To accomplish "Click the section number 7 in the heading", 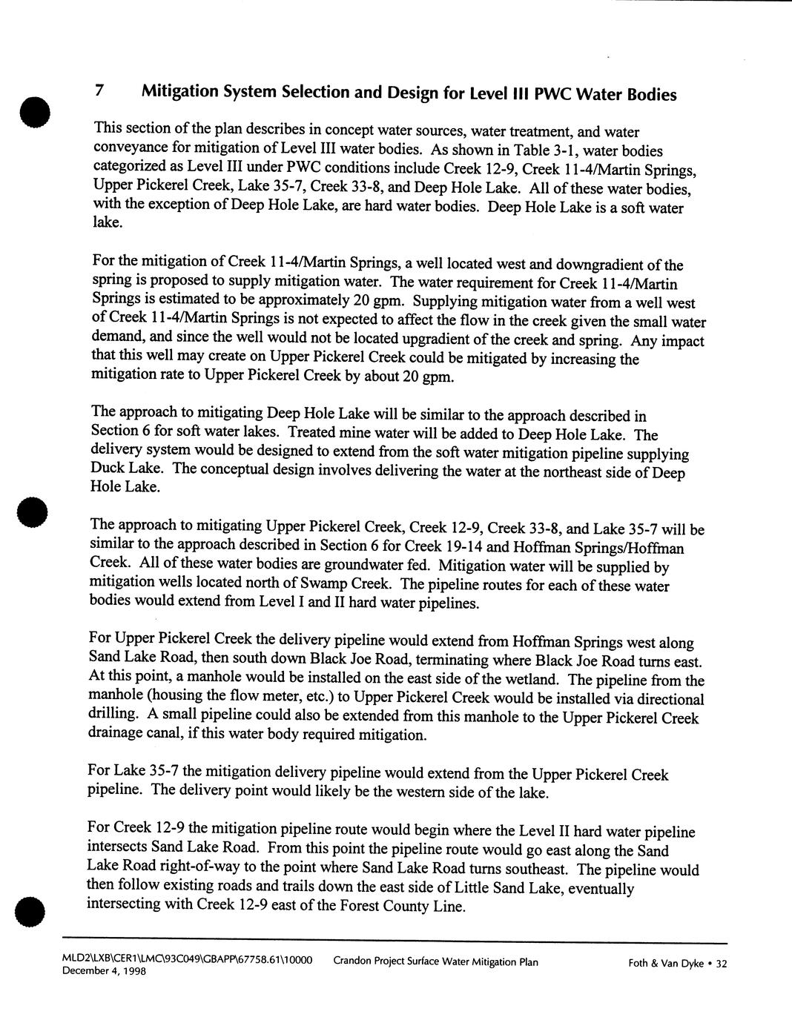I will (98, 91).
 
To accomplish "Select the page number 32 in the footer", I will (720, 964).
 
